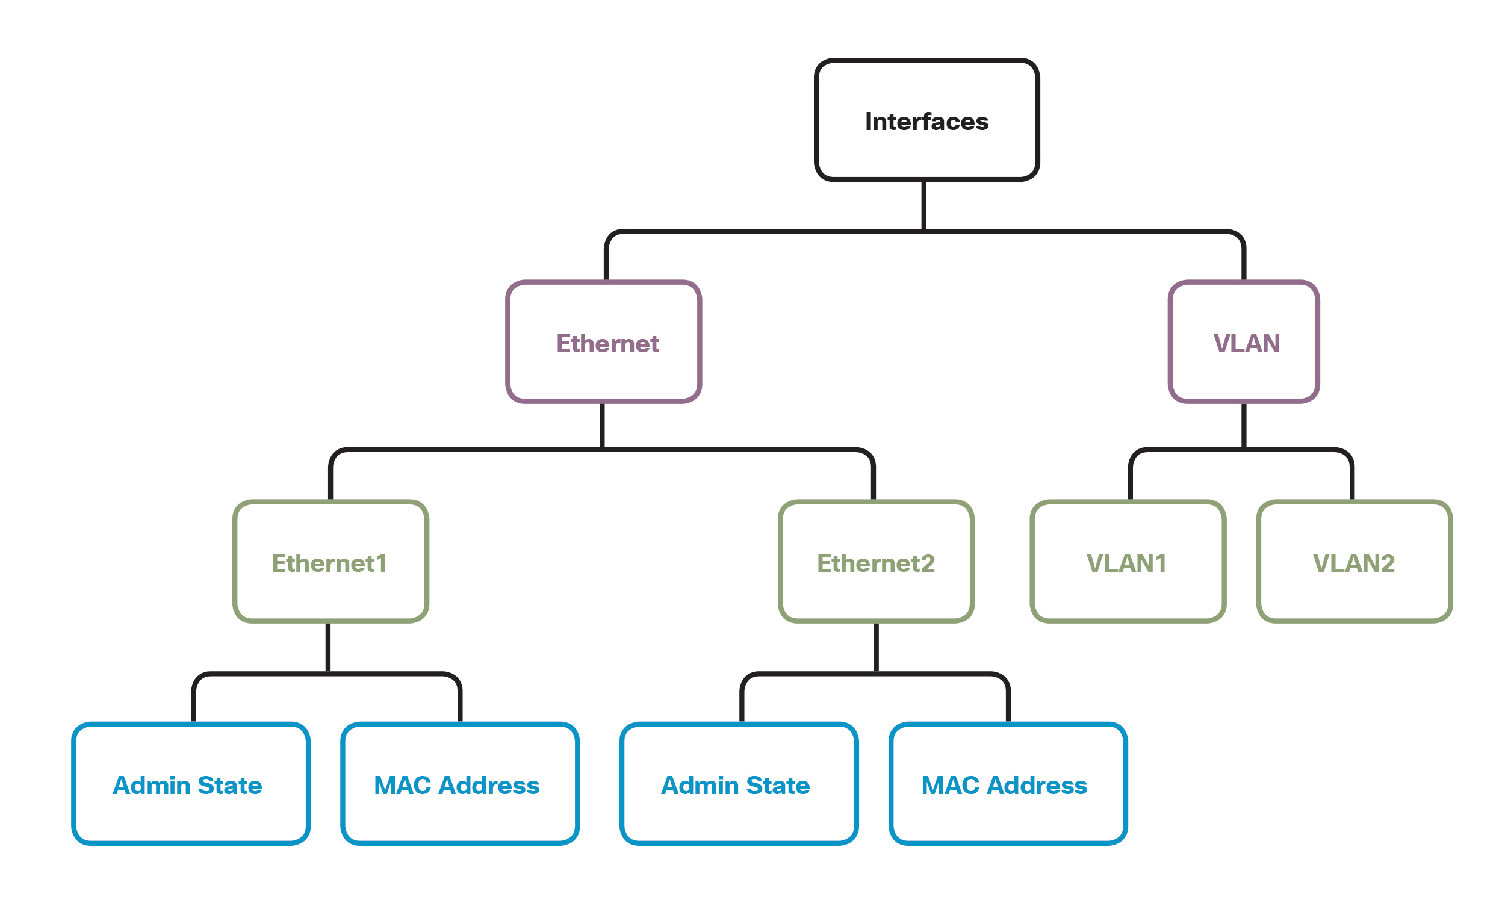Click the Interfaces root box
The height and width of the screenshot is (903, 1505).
coord(926,120)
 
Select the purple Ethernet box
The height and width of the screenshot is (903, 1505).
coord(603,341)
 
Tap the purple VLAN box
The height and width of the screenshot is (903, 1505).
coord(1243,341)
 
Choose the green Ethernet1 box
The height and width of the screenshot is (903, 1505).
coord(330,561)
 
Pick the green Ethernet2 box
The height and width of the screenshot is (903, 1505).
coord(875,561)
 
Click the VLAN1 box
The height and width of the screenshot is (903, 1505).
coord(1127,561)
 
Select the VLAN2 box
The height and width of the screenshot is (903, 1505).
coord(1353,561)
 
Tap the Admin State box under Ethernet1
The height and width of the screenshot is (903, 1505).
coord(190,783)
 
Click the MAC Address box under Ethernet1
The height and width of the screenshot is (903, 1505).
coord(459,783)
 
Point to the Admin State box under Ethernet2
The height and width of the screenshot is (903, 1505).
coord(739,783)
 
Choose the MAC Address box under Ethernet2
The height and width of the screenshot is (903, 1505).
coord(1007,783)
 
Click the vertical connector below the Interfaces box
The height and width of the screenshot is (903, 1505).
coord(923,205)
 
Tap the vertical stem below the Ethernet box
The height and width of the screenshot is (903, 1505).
coord(601,426)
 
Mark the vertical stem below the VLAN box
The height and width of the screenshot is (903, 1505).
coord(1243,426)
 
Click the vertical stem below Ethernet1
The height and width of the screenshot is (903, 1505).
coord(328,647)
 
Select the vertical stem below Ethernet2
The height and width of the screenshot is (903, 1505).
coord(876,647)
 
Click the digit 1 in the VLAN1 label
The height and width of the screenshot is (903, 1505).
coord(1160,563)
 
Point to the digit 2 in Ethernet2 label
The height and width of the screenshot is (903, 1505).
coord(927,563)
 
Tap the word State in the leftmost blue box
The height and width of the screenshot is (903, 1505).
coord(229,785)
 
